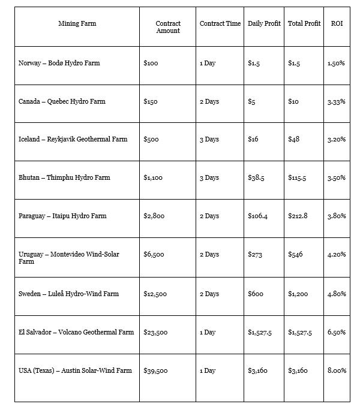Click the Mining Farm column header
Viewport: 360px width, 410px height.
77,24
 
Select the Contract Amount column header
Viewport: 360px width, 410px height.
168,27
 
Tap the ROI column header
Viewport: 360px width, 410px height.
337,24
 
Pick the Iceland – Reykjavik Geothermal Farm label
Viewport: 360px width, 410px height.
73,139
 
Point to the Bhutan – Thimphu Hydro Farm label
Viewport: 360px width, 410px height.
64,177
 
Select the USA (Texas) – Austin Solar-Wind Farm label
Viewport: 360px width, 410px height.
75,370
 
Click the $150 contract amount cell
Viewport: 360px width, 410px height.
151,101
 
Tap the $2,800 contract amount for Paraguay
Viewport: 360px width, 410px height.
155,216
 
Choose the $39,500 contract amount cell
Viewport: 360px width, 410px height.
156,370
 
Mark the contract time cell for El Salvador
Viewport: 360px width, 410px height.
208,332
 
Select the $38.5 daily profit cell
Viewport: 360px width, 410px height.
256,177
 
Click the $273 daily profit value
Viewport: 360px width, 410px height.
254,254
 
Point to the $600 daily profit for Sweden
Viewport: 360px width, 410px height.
256,294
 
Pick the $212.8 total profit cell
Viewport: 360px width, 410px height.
298,216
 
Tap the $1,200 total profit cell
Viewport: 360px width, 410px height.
298,294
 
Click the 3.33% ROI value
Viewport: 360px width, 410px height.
337,101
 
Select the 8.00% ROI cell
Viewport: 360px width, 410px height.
337,370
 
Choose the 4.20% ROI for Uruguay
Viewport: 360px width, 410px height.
337,254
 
